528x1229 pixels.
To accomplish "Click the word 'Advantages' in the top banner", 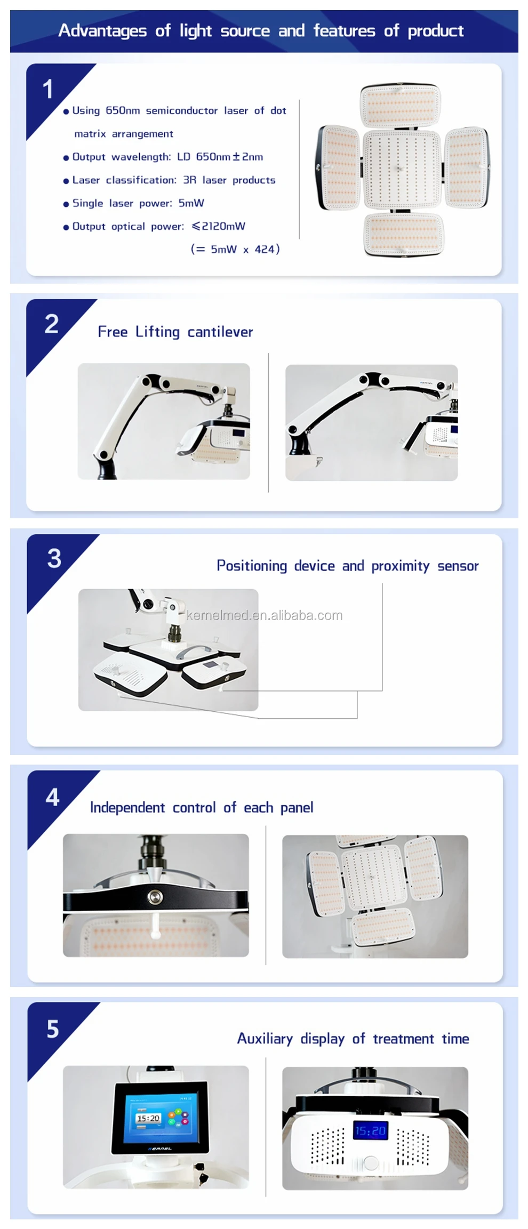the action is tap(102, 31).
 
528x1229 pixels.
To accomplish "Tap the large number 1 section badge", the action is tap(48, 89).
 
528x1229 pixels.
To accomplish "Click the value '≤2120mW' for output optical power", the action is tap(219, 226).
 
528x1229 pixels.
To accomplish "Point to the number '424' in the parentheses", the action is tap(264, 249).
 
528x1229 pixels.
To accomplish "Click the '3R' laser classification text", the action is tap(189, 180).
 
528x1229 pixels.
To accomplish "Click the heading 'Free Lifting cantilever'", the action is tap(175, 332).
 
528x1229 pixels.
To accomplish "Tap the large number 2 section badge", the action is tap(52, 324).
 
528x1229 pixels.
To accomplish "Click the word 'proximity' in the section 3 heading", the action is tap(400, 566).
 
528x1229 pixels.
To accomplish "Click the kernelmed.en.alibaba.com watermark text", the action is tap(265, 615).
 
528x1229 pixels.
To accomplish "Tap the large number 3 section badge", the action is tap(54, 559).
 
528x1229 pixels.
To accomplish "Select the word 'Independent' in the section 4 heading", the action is tap(127, 808).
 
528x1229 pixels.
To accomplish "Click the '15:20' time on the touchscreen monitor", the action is tap(148, 1118).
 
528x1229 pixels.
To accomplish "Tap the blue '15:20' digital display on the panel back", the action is tap(370, 1130).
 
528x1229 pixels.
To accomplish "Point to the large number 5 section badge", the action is tap(52, 1029).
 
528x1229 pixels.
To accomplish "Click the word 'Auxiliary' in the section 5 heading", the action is tap(265, 1039).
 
